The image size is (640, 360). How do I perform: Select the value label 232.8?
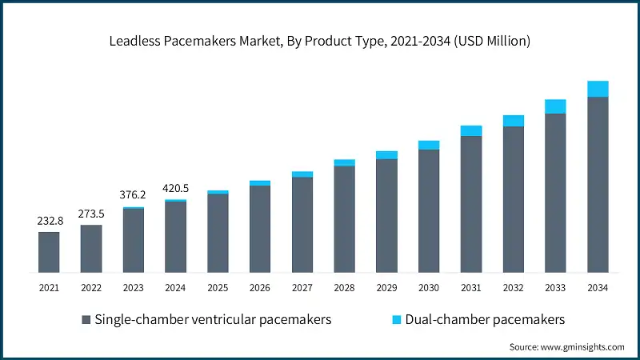(x=49, y=220)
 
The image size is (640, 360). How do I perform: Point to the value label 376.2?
(x=133, y=195)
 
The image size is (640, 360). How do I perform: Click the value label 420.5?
(x=175, y=188)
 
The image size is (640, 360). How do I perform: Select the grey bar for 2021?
(x=49, y=252)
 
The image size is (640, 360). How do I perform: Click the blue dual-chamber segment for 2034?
(x=598, y=89)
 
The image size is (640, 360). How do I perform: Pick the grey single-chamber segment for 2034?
(x=598, y=184)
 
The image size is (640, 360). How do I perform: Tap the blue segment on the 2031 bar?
(x=471, y=130)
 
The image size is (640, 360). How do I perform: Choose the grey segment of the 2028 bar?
(x=344, y=218)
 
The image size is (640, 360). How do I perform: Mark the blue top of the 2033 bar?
(x=555, y=106)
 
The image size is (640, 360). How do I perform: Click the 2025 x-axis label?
(x=218, y=288)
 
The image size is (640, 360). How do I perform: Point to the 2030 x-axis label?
(x=429, y=288)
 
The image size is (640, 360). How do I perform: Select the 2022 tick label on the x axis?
(x=91, y=288)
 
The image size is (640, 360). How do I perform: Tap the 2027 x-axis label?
(x=302, y=288)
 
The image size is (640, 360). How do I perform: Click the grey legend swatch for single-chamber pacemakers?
(x=85, y=320)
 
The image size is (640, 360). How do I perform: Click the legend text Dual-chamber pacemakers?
(x=485, y=319)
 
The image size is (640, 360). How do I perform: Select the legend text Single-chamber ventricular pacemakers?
(x=213, y=319)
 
